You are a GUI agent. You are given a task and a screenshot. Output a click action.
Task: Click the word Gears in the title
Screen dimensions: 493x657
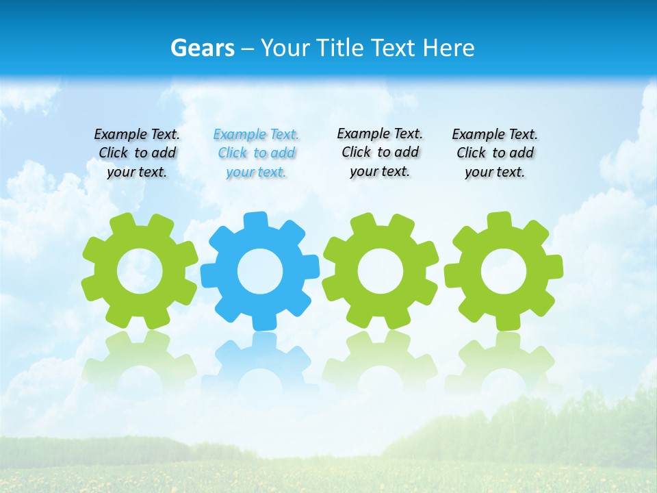click(x=202, y=49)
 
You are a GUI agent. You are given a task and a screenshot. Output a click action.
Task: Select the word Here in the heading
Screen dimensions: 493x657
click(x=448, y=49)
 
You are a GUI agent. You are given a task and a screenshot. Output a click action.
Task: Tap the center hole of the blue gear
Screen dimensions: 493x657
click(x=260, y=271)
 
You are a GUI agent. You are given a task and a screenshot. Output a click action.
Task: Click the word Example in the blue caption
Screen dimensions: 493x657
click(x=239, y=135)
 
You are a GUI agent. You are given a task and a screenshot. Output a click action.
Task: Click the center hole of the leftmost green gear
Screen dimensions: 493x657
click(x=140, y=271)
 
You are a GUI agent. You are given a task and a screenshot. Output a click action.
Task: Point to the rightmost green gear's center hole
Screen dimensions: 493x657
click(x=504, y=271)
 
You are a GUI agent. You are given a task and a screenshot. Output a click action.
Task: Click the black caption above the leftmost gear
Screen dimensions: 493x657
click(x=137, y=153)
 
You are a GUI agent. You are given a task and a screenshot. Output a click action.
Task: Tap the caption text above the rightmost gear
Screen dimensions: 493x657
click(x=495, y=153)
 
